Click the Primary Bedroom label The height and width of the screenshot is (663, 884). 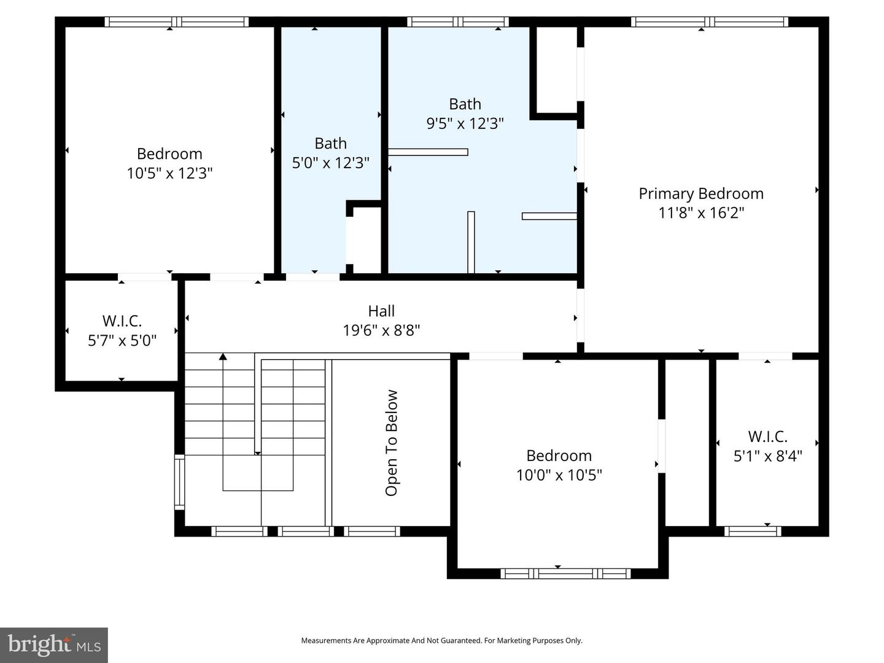(701, 193)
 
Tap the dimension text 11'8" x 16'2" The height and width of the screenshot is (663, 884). (701, 213)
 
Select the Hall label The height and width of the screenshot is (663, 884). (381, 311)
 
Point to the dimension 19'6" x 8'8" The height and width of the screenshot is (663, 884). (381, 330)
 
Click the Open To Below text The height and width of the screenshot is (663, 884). (392, 443)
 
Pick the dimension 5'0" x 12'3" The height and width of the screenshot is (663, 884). (330, 163)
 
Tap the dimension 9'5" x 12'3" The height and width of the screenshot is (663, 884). (465, 123)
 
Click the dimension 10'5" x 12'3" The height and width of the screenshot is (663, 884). (169, 173)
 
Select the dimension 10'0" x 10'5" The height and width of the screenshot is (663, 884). (559, 475)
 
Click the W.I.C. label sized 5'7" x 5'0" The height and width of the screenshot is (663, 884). (122, 320)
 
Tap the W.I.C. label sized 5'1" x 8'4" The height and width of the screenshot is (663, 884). (767, 436)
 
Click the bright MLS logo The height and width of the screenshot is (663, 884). (54, 645)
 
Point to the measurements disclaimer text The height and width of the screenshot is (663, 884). (441, 640)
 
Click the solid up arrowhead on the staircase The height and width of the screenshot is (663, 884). (223, 357)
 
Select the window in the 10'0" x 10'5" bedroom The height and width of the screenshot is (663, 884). (565, 574)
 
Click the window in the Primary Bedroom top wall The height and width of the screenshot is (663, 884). (710, 22)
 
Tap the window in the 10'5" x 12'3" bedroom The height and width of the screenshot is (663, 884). (177, 22)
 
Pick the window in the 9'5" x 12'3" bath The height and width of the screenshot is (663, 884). (457, 22)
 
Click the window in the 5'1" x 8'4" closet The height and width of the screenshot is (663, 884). (753, 531)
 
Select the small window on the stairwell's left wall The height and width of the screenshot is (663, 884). (179, 482)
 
